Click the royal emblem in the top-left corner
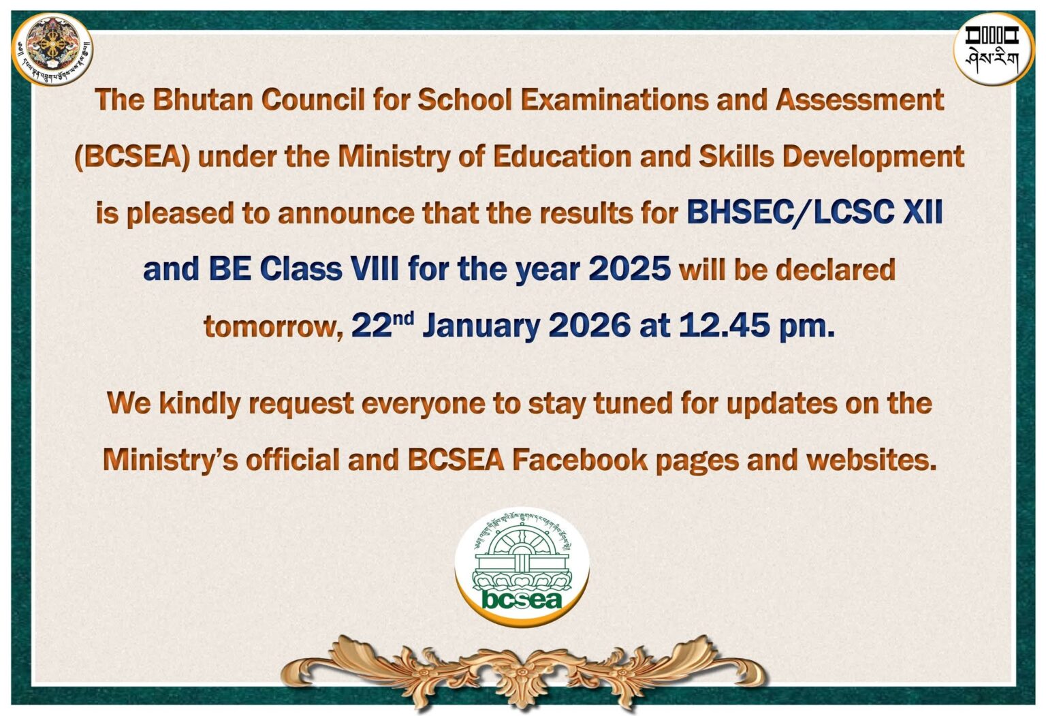52,50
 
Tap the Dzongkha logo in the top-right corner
992,50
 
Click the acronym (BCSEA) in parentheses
132,157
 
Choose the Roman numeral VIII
375,270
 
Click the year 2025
629,270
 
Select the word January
481,326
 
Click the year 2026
589,326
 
